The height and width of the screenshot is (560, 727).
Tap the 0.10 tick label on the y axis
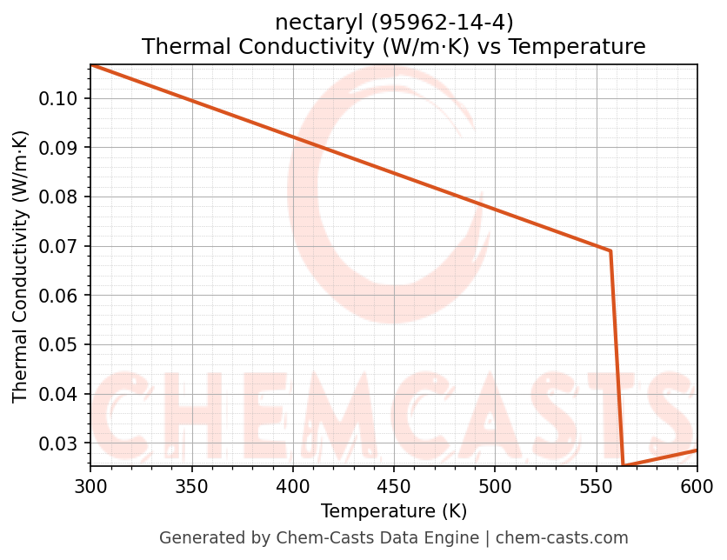coord(58,98)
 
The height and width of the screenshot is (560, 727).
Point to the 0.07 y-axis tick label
coord(58,246)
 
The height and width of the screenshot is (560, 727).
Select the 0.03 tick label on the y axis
coord(58,443)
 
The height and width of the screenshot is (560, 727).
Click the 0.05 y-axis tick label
coord(58,345)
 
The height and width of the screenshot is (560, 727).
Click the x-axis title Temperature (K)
coord(393,510)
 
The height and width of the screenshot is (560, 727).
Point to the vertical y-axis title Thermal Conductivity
coord(21,266)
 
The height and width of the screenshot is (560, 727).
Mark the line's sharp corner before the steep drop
coord(610,251)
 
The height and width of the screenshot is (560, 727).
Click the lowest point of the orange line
coord(623,466)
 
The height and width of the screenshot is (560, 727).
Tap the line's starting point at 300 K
coord(91,64)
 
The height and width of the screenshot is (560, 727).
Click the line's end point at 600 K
coord(697,450)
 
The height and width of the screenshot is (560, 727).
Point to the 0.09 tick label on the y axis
coord(58,148)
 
